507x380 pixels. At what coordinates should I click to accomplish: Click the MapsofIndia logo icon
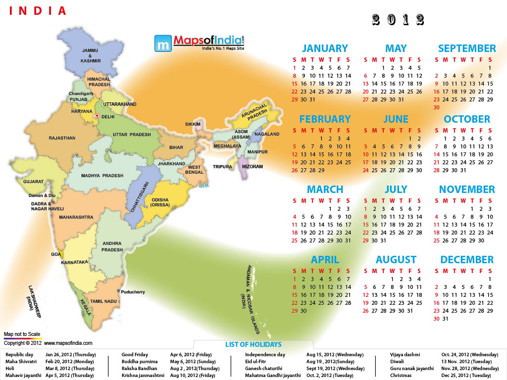[x=162, y=44]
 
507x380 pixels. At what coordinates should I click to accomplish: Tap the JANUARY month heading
[x=325, y=48]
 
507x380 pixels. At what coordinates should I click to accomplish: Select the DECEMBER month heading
[x=467, y=260]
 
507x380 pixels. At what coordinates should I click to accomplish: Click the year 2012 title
[x=398, y=20]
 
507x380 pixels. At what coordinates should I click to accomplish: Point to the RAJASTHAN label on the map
[x=62, y=138]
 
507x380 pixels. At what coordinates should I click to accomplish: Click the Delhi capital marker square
[x=97, y=116]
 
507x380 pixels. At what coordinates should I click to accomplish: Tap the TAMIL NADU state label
[x=103, y=301]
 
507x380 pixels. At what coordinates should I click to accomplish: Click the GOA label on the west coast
[x=55, y=254]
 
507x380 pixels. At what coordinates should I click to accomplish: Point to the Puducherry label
[x=133, y=292]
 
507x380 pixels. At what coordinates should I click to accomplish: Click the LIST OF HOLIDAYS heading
[x=253, y=344]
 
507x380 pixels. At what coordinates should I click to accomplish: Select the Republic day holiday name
[x=19, y=355]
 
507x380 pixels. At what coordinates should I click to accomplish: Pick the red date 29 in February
[x=321, y=170]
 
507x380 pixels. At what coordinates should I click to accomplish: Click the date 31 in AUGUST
[x=409, y=311]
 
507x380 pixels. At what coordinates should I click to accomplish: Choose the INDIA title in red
[x=38, y=10]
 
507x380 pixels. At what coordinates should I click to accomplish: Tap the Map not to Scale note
[x=22, y=334]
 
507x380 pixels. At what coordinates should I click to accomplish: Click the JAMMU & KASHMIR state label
[x=91, y=55]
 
